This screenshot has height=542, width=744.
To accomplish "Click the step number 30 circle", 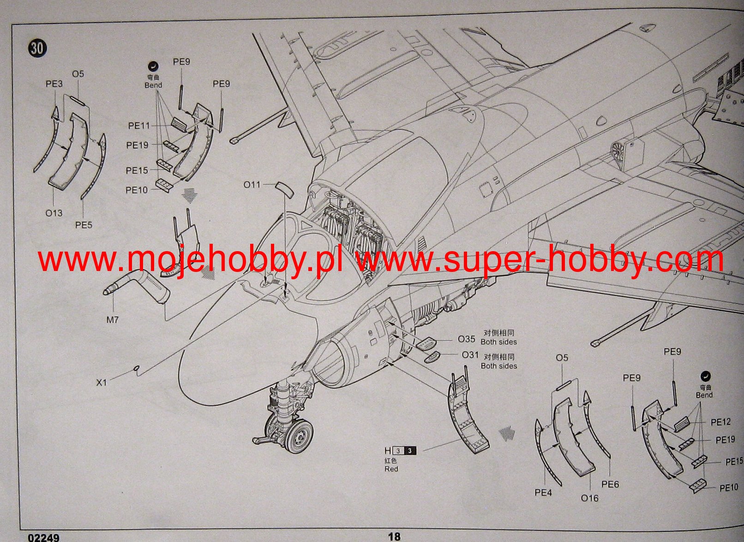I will (37, 48).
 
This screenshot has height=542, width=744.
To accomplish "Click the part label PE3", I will (54, 84).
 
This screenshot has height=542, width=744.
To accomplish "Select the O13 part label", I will (54, 213).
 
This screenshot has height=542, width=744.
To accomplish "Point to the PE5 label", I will (84, 225).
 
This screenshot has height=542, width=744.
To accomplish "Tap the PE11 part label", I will (139, 126).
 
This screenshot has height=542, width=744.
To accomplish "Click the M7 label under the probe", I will (113, 319).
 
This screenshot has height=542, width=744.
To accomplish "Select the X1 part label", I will (101, 382).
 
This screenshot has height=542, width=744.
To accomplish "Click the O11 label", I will (252, 185).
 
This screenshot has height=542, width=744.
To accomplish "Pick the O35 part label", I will (466, 339).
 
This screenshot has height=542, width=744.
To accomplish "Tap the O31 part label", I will (470, 355).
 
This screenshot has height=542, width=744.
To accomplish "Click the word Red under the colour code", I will (391, 469).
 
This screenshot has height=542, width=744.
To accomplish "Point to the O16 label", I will (589, 498).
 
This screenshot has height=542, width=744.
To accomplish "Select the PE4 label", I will (543, 493).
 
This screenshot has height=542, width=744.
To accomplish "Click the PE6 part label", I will (610, 484).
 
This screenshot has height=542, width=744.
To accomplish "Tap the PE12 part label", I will (720, 422).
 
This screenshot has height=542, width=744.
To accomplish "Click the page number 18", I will (394, 536).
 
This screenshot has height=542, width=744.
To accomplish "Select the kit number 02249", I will (43, 537).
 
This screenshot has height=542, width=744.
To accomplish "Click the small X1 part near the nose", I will (136, 368).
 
